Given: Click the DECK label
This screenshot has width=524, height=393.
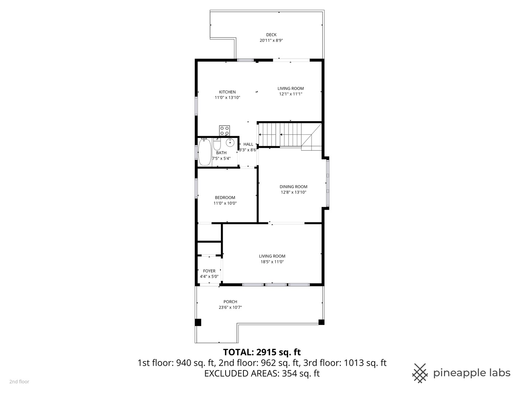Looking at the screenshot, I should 271,35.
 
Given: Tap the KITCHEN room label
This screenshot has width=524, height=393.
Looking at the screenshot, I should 227,92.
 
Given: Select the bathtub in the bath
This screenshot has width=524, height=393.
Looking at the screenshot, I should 205,152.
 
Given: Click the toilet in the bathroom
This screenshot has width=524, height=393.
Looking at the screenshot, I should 217,146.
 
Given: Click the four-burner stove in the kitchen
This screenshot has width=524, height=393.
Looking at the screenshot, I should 225,130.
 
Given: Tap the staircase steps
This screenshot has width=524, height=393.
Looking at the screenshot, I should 280,134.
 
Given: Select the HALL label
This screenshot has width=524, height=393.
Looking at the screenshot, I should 248,144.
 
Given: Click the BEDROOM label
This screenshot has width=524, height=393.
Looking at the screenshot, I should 225,198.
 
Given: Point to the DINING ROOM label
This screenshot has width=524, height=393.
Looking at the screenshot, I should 293,187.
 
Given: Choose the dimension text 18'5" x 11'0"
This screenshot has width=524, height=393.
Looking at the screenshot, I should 272,262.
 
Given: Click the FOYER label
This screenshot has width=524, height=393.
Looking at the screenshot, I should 209,271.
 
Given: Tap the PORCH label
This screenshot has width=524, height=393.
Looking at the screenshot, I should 230,302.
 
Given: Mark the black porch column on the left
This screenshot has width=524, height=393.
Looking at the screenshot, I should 198,322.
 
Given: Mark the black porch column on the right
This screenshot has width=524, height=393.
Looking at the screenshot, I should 321,322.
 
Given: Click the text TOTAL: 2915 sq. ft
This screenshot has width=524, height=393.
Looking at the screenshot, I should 262,352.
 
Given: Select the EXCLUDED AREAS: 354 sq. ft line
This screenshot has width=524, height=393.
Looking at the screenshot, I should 262,373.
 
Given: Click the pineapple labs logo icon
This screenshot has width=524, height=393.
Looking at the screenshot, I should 420,373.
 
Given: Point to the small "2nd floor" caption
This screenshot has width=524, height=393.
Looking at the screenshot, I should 19,382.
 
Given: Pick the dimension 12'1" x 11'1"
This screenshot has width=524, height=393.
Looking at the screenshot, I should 290,94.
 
